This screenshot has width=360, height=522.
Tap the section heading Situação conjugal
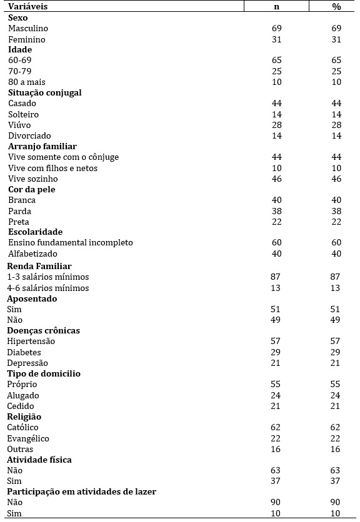click(45, 92)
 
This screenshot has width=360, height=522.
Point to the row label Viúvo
click(19, 125)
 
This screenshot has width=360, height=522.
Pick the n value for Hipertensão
click(276, 342)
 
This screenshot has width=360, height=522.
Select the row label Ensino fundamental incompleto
click(70, 243)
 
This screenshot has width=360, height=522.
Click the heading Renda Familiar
click(39, 266)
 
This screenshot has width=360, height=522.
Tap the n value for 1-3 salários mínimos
click(276, 277)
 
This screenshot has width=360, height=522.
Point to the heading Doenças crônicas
click(43, 330)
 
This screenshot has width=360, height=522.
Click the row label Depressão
click(27, 363)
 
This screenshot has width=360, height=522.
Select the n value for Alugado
click(276, 395)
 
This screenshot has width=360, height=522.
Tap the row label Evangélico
click(28, 438)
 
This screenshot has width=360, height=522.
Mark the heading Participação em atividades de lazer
click(81, 491)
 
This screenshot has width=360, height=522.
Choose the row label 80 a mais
click(27, 82)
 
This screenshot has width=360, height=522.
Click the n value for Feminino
click(276, 39)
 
